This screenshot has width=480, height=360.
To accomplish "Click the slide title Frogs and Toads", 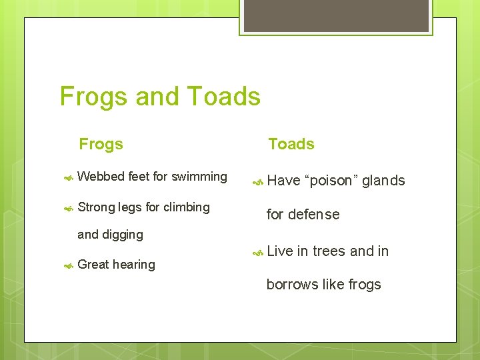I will pyautogui.click(x=160, y=97).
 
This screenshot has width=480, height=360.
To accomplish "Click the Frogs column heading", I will pyautogui.click(x=101, y=144).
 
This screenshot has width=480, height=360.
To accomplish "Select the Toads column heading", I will pyautogui.click(x=291, y=144).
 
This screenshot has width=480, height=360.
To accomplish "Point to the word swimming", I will pyautogui.click(x=199, y=177).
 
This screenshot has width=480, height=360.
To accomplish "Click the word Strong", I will pyautogui.click(x=96, y=207).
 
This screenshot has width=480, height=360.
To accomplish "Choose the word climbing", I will pyautogui.click(x=187, y=207).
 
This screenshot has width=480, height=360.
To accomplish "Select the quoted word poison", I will pyautogui.click(x=331, y=181).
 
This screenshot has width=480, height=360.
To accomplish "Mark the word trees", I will pyautogui.click(x=329, y=251).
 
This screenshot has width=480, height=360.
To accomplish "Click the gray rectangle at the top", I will pyautogui.click(x=335, y=15).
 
